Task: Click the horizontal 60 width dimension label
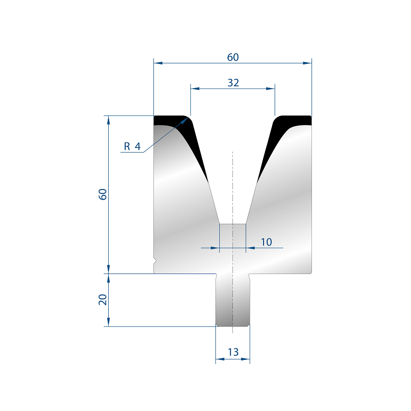click(x=233, y=57)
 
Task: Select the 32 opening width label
click(x=233, y=83)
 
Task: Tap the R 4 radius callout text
click(x=132, y=146)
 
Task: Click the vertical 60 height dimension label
click(x=103, y=194)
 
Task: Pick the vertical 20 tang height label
click(x=103, y=300)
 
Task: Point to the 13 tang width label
click(x=233, y=352)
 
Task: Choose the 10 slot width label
click(x=266, y=242)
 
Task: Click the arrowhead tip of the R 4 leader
click(x=188, y=118)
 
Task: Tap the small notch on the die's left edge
click(x=155, y=261)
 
